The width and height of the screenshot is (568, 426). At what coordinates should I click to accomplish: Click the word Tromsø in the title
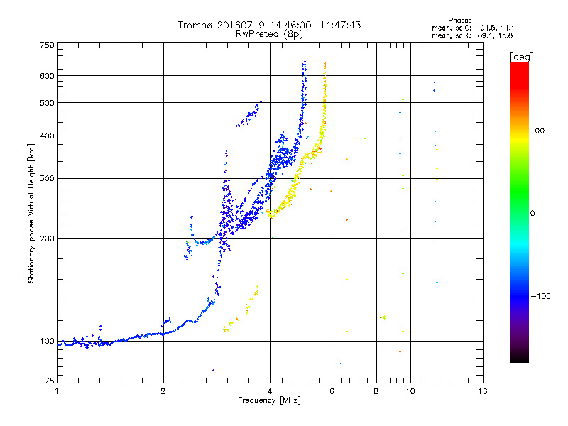pos(195,25)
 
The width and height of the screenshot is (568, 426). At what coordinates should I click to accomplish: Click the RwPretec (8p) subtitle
pos(269,34)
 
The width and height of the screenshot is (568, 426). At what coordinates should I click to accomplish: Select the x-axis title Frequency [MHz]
pos(269,400)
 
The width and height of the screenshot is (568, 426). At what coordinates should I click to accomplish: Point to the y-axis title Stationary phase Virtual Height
pos(31,213)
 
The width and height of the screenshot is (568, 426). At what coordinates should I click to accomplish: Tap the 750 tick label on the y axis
pos(47,45)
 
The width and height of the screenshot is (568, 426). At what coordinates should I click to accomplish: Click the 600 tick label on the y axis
pos(47,76)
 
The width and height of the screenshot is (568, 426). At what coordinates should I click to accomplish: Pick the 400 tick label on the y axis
pos(47,136)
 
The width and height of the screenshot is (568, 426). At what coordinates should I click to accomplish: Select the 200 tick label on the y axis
pos(47,239)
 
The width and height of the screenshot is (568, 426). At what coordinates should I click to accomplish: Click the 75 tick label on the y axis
pos(49,381)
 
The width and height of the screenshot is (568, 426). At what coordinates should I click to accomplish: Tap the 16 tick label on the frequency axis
pos(483,391)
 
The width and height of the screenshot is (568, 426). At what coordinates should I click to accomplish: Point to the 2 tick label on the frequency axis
pos(163,391)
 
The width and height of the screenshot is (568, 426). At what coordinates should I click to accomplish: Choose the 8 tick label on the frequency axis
pos(376,391)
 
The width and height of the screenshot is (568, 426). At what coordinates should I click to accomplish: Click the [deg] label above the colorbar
pos(521,57)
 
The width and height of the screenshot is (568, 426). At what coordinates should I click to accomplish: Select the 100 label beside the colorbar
pos(537,131)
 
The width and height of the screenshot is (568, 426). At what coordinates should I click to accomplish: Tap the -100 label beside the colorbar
pos(541,296)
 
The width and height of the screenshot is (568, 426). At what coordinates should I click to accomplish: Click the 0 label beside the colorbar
pos(532,214)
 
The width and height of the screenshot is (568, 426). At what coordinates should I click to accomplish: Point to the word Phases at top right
pos(459,21)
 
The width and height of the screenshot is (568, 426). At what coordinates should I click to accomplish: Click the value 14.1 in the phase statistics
pos(508,28)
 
